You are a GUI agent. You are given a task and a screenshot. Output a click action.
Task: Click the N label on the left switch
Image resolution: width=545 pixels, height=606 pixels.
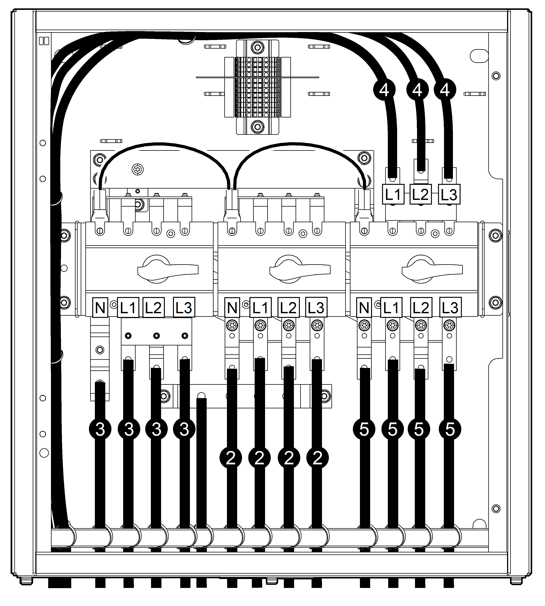pos(100,307)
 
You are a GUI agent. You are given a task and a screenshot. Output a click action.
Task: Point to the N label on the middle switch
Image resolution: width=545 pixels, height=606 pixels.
pos(232,307)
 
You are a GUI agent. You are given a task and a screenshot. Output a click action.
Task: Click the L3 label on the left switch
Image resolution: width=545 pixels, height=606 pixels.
pos(184,307)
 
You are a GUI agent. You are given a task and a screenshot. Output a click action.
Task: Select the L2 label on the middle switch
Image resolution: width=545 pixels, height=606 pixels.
pos(288,307)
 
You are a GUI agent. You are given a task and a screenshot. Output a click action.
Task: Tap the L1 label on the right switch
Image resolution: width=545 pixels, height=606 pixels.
pos(391,307)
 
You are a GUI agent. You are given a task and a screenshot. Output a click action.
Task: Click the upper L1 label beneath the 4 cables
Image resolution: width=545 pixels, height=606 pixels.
pos(393,194)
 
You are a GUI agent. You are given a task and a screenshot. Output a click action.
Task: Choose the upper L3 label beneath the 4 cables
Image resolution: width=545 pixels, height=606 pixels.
pos(449,194)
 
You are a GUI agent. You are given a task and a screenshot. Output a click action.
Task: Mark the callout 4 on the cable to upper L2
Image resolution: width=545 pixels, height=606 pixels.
pos(417,89)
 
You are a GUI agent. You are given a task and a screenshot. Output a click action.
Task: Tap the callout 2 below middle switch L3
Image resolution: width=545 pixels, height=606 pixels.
pos(317,458)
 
